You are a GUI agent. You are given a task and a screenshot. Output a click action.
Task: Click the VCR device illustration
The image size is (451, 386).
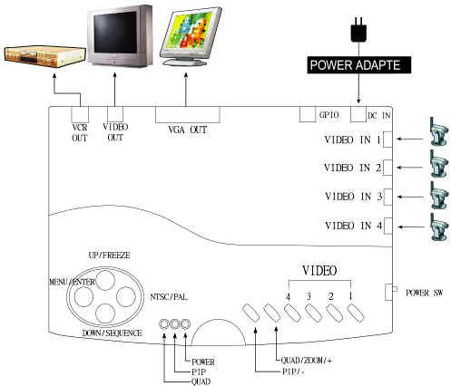click(x=45, y=56)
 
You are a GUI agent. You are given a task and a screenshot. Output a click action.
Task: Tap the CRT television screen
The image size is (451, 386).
click(x=115, y=33)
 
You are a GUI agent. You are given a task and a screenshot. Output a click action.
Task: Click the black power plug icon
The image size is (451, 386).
click(x=358, y=29)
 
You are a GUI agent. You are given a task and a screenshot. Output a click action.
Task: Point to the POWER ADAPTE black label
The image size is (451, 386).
click(x=359, y=65)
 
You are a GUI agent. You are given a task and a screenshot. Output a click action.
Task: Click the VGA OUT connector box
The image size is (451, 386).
click(x=188, y=114)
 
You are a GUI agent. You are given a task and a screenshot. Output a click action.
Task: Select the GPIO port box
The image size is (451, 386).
click(x=308, y=114)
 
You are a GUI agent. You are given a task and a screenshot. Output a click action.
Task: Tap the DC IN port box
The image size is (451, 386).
click(x=358, y=114)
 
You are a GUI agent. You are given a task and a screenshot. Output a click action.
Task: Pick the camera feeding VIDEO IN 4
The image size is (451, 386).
click(x=439, y=227)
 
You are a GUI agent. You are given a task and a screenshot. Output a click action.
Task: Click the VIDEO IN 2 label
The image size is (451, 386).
click(x=353, y=168)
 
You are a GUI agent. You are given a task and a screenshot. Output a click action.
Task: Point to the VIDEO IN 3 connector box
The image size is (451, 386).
click(x=387, y=197)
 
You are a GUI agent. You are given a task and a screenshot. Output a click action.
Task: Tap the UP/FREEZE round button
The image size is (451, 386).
click(x=105, y=280)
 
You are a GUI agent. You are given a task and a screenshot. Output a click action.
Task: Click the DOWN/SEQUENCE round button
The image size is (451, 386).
click(x=105, y=314)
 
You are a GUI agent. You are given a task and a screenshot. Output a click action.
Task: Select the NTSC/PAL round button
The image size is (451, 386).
click(x=126, y=296)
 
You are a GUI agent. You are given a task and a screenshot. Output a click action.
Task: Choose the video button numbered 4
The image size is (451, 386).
click(x=292, y=313)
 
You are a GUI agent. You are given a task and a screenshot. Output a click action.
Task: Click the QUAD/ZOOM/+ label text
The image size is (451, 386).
click(x=307, y=361)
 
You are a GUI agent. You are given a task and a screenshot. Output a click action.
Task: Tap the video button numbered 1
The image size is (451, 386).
click(x=356, y=313)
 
